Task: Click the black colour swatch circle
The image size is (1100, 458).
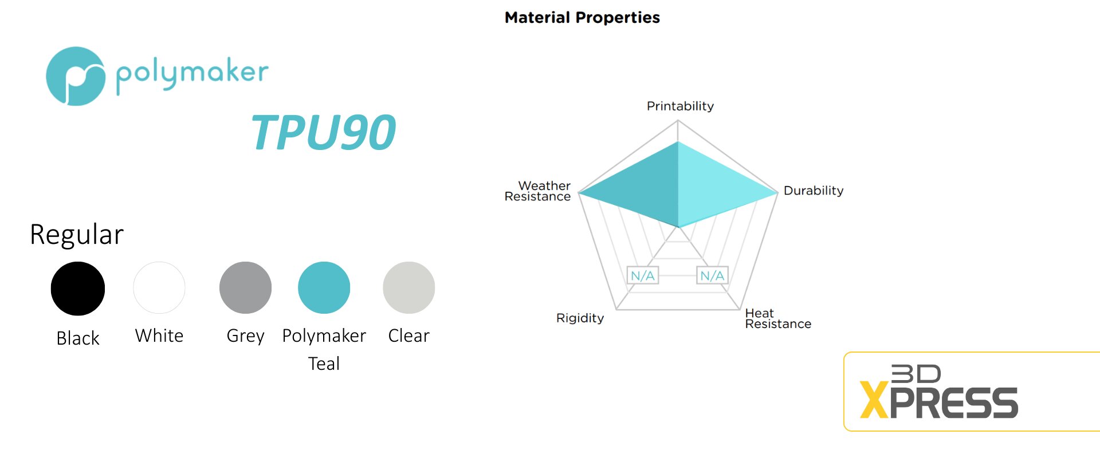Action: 78,289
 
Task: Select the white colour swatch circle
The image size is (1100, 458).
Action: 159,287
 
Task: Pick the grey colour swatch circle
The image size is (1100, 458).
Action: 245,287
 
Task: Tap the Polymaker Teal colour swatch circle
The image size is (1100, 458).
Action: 324,287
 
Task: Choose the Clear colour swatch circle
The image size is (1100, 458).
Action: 409,287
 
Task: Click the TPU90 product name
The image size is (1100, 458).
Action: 324,133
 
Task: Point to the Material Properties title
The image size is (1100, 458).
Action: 582,18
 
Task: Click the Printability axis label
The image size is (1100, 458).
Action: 680,106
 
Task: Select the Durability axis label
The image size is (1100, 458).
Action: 814,191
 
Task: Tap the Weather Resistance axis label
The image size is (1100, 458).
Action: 537,191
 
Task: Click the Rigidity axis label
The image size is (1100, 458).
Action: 580,318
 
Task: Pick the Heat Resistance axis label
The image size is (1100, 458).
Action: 778,319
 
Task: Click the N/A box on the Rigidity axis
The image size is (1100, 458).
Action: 642,275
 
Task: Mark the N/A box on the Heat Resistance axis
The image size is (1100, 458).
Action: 712,275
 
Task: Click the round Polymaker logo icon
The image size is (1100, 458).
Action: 76,76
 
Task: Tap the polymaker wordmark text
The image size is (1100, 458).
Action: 192,75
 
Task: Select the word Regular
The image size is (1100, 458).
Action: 77,234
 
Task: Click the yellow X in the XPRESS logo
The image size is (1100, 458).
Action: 874,401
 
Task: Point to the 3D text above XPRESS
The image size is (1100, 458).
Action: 916,374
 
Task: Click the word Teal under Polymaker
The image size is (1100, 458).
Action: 324,364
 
